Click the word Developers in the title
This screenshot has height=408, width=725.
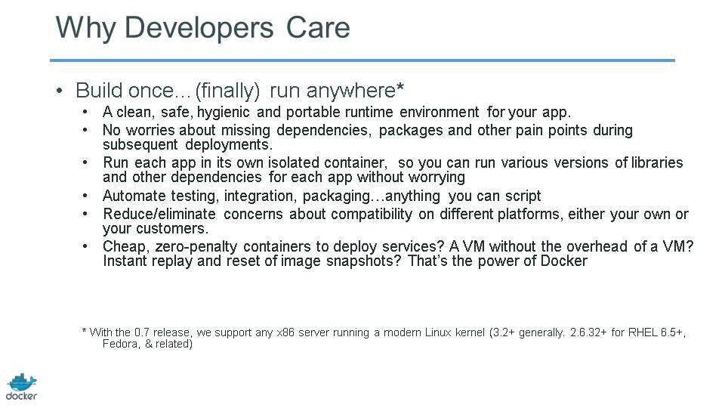click(x=199, y=28)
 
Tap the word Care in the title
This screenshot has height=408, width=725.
click(x=318, y=27)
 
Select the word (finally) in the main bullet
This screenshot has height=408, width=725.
click(x=227, y=91)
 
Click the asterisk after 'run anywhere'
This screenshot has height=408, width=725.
click(x=400, y=86)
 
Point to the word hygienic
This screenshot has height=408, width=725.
click(x=224, y=113)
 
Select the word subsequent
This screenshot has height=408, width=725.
click(x=140, y=145)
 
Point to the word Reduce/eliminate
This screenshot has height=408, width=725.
click(x=159, y=214)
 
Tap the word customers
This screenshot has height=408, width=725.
click(x=178, y=228)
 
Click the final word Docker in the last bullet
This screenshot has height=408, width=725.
click(x=563, y=261)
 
